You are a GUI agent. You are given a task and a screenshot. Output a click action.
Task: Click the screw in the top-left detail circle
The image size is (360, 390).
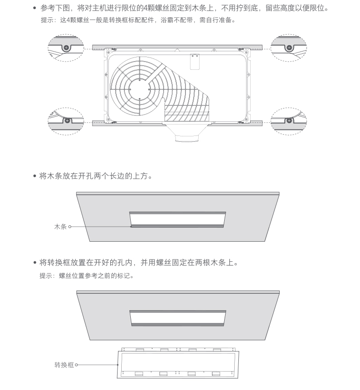click(x=66, y=47)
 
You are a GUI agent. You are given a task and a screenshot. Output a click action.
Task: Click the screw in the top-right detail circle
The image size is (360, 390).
click(x=289, y=47)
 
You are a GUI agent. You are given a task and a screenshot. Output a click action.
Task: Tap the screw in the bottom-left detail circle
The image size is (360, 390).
click(x=67, y=120)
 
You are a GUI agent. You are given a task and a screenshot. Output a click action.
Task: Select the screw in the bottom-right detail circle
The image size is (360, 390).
click(x=289, y=120)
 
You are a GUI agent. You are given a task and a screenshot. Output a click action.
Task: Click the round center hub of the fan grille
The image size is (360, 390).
click(x=139, y=89)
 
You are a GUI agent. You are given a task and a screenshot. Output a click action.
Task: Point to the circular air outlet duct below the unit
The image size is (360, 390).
click(x=187, y=138)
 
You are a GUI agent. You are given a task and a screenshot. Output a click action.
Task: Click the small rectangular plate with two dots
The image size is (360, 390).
click(x=195, y=62)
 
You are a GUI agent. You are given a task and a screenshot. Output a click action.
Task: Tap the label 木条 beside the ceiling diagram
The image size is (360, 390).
click(x=60, y=227)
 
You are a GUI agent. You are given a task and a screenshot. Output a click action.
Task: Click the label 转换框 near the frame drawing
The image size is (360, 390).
click(x=64, y=365)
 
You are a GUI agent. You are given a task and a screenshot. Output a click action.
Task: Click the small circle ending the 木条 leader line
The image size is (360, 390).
click(x=70, y=227)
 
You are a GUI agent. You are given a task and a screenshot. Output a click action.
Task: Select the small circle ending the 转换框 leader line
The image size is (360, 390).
click(x=77, y=365)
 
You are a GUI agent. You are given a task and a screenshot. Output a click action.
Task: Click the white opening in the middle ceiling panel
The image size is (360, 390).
click(x=178, y=219)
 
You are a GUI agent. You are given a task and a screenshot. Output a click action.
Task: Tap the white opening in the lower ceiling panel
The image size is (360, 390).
click(x=178, y=317)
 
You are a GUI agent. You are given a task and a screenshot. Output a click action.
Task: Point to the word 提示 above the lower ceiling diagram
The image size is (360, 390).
click(x=46, y=276)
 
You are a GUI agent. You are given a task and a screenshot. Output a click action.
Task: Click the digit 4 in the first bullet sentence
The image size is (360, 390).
click(x=146, y=8)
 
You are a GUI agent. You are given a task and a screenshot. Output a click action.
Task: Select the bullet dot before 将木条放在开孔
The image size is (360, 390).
click(x=35, y=176)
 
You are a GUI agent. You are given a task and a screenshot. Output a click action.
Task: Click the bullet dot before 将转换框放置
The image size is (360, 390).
click(x=35, y=263)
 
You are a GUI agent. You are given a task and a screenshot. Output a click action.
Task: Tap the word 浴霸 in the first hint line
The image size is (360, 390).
click(x=167, y=20)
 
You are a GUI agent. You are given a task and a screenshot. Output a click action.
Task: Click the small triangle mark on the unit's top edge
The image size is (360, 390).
click(x=177, y=50)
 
